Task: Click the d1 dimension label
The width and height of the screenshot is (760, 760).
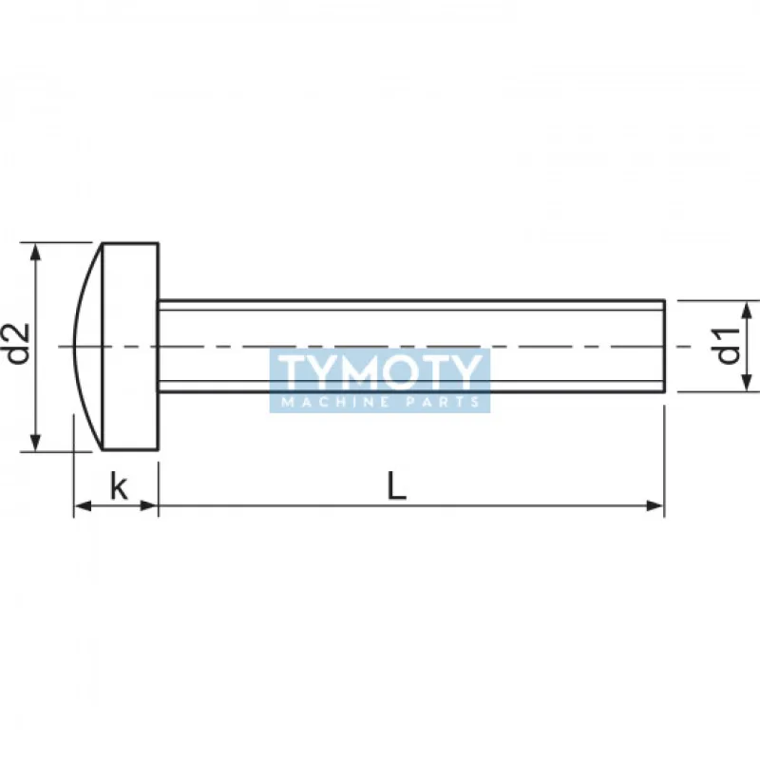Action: tap(730, 346)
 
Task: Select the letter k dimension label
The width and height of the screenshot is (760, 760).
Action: tap(118, 487)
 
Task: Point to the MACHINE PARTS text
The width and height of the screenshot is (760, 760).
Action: tap(380, 403)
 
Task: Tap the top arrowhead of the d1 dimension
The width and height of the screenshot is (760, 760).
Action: tap(749, 308)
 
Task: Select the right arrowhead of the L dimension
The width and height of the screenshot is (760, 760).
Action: tap(655, 505)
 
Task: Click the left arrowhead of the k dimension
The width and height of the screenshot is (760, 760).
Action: tap(82, 505)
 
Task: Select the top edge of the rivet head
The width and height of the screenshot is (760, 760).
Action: tap(130, 243)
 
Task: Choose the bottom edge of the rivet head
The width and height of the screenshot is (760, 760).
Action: tap(130, 449)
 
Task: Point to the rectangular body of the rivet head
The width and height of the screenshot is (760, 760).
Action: tap(130, 285)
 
